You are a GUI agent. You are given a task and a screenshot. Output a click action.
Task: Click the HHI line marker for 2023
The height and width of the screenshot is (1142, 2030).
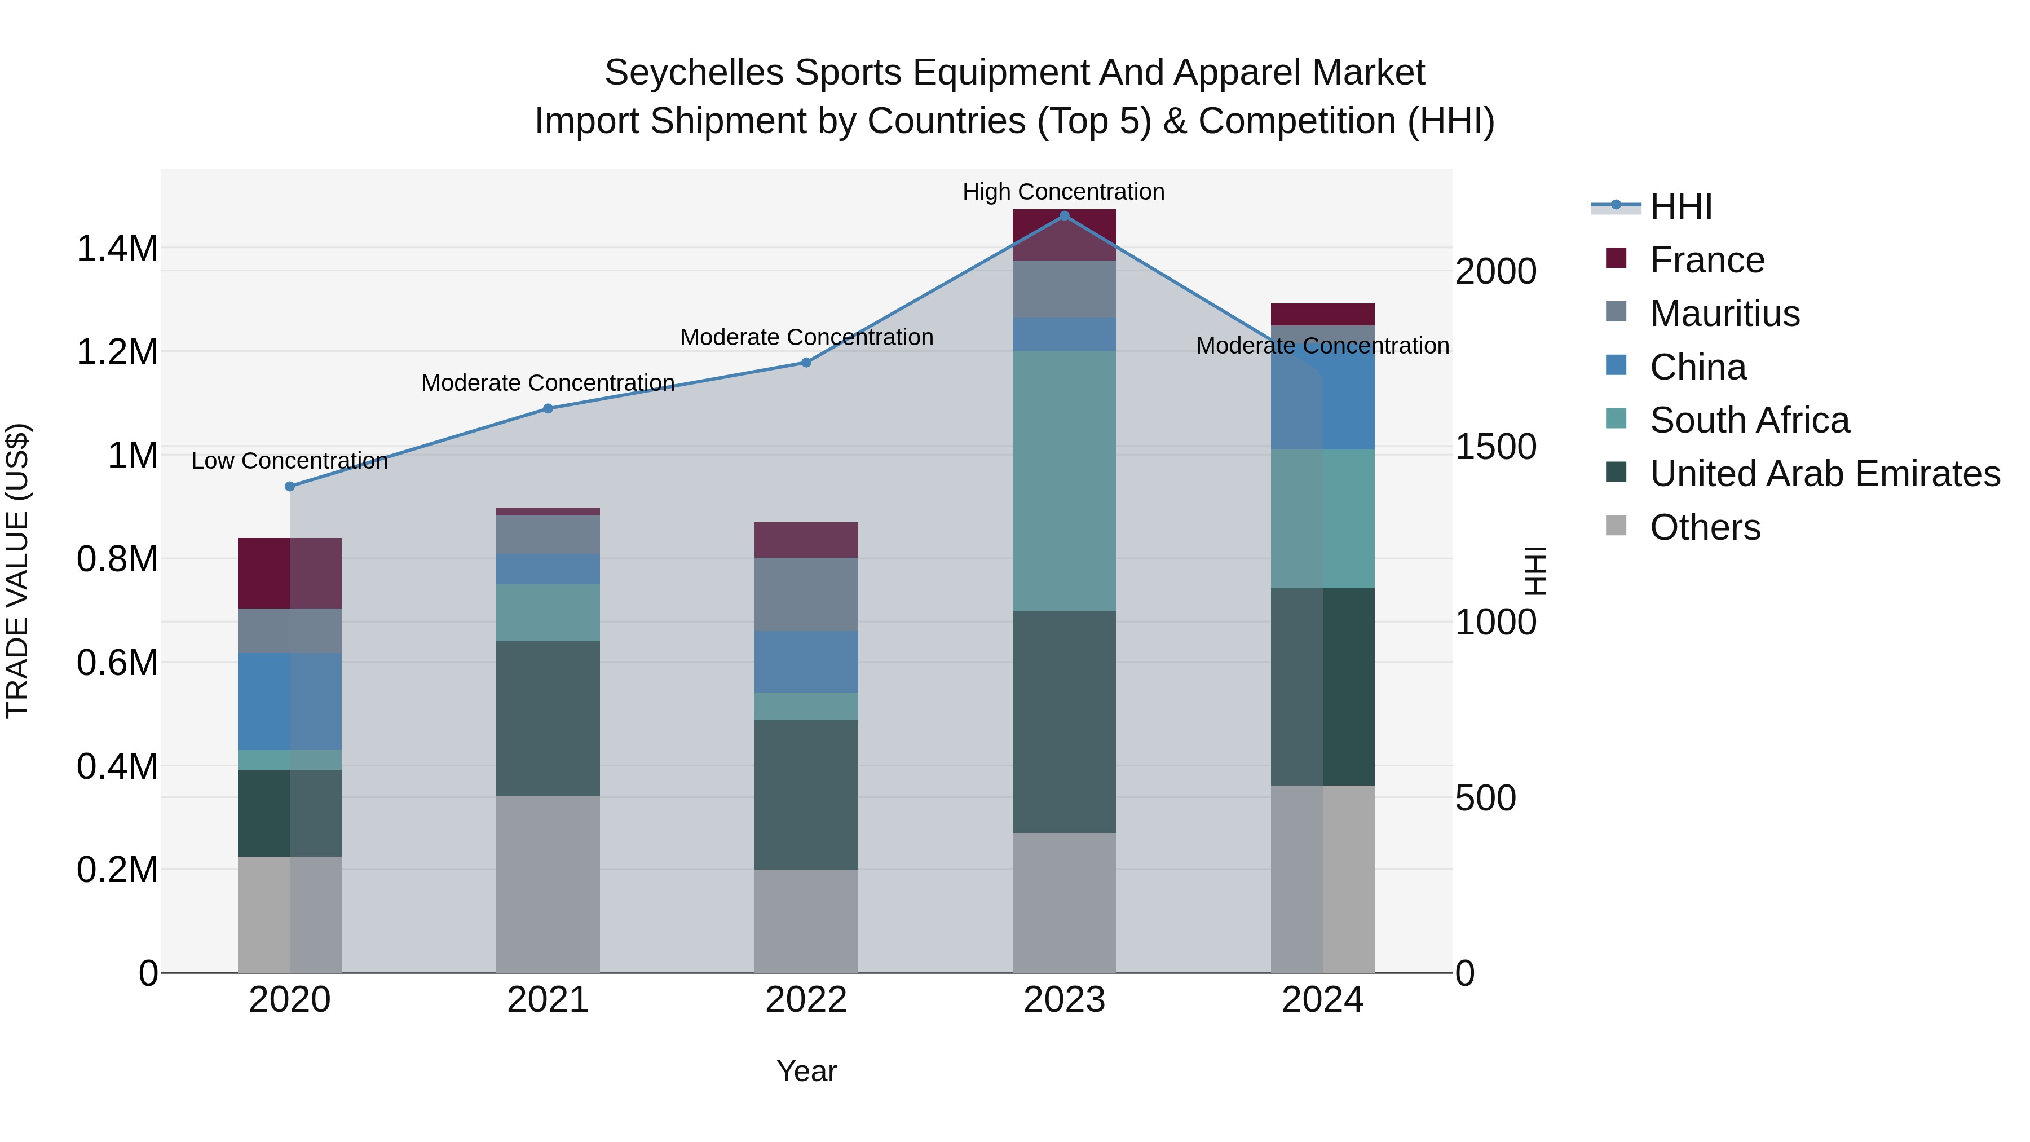coord(1064,216)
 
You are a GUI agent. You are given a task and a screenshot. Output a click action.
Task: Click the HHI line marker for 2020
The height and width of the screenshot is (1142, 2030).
coord(289,486)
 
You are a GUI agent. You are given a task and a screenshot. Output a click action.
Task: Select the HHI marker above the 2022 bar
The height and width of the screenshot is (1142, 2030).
coord(806,363)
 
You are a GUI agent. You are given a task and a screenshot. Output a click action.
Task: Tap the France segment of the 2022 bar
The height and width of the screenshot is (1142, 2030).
coord(806,540)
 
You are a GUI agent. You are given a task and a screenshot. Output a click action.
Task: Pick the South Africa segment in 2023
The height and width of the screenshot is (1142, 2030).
coord(1064,480)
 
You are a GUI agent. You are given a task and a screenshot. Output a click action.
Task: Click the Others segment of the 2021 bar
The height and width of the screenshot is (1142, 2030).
coord(548,884)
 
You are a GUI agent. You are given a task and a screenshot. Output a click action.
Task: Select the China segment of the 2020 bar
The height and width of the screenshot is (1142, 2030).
coord(289,702)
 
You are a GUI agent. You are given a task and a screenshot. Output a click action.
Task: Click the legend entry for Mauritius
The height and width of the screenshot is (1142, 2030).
coord(1724,314)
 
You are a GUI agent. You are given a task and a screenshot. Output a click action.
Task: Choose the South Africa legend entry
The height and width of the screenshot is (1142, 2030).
coord(1749,420)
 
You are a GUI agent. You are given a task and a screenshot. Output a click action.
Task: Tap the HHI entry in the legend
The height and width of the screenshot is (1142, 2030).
coord(1680,206)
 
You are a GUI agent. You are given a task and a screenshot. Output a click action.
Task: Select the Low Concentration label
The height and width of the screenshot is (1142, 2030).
coord(289,461)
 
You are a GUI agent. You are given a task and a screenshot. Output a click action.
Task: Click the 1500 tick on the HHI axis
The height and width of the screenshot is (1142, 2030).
coord(1495,447)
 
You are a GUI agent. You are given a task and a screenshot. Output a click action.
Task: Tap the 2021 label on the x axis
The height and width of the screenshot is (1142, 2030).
coord(548,1000)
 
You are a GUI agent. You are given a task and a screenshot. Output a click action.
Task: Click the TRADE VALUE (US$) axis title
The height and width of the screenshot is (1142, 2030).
coord(17,571)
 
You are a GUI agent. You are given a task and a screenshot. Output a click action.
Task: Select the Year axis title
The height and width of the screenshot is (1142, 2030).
coord(806,1071)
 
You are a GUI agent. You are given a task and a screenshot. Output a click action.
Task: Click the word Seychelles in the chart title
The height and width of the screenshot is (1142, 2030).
coord(694,73)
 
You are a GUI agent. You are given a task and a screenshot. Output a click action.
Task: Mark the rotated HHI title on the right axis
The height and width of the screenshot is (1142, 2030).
coord(1535,571)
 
